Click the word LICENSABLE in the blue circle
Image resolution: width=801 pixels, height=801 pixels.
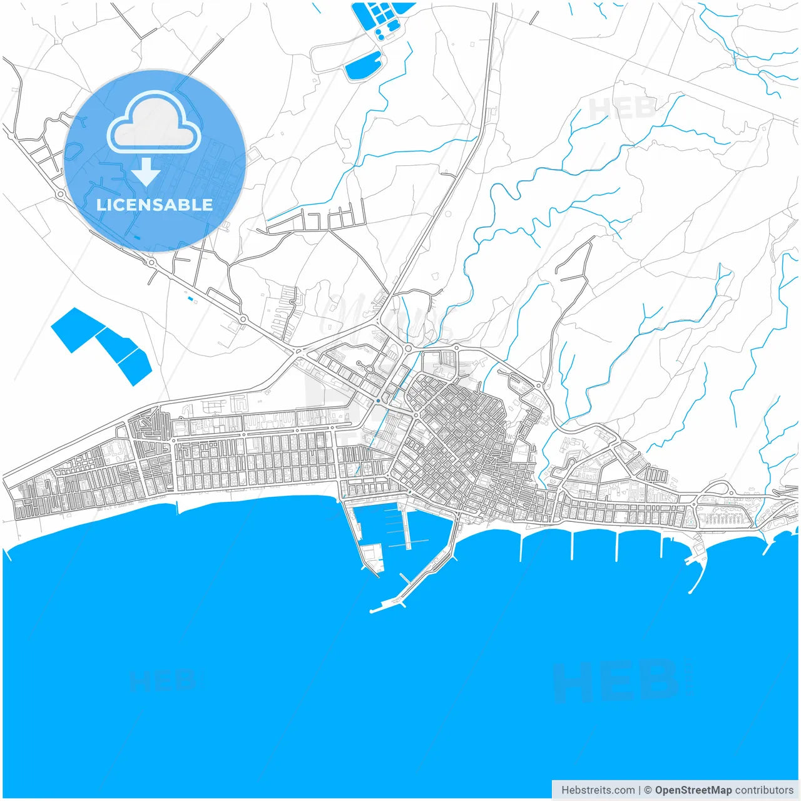154,205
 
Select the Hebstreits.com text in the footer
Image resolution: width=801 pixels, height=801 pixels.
598,790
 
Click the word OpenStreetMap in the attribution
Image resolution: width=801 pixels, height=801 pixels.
693,790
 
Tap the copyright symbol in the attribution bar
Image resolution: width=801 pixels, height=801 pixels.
648,790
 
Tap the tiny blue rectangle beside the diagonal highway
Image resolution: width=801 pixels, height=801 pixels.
190,298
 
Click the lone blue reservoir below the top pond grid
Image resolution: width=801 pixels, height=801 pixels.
364,66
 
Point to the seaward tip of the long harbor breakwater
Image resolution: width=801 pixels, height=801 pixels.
374,609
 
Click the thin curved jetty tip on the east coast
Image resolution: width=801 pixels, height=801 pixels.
691,591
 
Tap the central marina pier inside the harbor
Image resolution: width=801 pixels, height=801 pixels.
407,529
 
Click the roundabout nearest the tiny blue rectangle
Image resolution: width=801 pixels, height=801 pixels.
242,320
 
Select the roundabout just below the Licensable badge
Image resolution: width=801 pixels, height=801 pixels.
151,262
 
